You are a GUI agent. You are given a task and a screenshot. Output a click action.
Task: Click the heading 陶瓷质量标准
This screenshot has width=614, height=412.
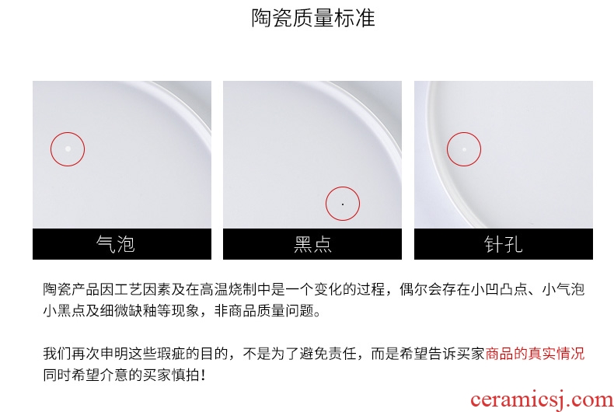click(313, 18)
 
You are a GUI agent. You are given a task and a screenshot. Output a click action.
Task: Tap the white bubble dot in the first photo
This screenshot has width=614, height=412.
click(68, 148)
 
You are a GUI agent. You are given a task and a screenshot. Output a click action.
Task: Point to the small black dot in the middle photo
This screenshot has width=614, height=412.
click(343, 204)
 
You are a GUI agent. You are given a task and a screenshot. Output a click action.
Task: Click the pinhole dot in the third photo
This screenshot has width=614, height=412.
click(465, 149)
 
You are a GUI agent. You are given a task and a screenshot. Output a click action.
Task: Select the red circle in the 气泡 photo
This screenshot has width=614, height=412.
click(51, 149)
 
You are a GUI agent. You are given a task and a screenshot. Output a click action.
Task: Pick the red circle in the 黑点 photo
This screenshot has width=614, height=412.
click(326, 204)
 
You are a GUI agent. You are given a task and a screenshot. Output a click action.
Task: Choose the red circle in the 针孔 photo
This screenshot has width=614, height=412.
click(447, 149)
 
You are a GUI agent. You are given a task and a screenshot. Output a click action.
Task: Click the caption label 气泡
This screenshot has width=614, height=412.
click(116, 244)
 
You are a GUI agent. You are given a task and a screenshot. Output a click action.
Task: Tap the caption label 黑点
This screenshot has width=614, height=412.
click(312, 244)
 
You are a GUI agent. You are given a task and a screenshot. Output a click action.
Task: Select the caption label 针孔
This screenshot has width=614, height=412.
click(504, 244)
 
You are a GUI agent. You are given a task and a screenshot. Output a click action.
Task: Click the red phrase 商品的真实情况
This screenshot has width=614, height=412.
click(535, 354)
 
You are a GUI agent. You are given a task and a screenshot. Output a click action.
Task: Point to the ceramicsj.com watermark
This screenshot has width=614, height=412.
click(542, 400)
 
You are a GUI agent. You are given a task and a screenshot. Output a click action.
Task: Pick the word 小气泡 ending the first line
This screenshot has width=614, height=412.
click(563, 289)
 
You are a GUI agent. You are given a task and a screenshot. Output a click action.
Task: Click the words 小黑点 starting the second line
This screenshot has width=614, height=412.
click(65, 311)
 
